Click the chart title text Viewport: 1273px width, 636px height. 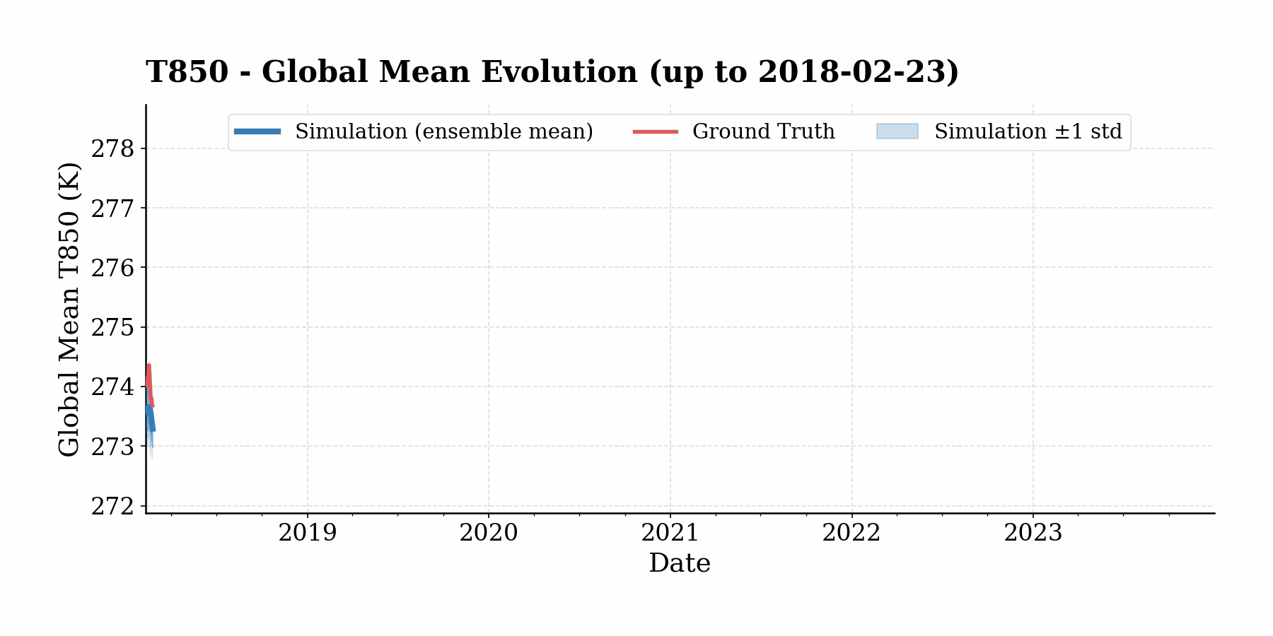tap(552, 72)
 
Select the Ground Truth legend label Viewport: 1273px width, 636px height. tap(763, 132)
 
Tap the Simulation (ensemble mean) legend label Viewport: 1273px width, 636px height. tap(443, 132)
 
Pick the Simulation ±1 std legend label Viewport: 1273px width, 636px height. tap(1028, 132)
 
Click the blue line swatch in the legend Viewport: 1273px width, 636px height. tap(257, 131)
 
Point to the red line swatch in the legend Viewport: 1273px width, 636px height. tap(655, 131)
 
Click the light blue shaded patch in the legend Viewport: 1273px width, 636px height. tap(897, 131)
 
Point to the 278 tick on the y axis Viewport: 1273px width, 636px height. tap(112, 149)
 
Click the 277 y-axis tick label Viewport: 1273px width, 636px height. tap(112, 208)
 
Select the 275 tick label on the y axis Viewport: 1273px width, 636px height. tap(112, 328)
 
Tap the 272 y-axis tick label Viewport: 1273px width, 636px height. tap(112, 507)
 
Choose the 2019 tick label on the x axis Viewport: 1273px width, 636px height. tap(307, 533)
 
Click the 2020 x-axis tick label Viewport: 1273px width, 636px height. tap(489, 533)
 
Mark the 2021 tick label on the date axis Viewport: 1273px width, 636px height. tap(670, 533)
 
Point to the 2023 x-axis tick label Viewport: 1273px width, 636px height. tap(1033, 533)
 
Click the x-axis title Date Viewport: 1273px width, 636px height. tap(680, 563)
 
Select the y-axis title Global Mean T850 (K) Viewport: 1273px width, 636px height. tap(69, 309)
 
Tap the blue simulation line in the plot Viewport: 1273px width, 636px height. tap(151, 421)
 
